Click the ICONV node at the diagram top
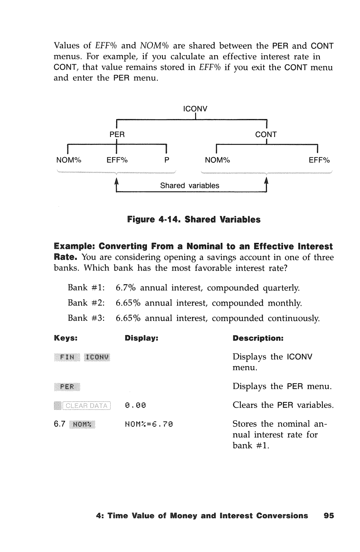195,109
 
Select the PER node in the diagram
117,135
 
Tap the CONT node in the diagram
266,135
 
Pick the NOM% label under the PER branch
69,160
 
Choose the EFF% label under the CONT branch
319,160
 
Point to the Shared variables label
190,186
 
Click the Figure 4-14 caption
194,220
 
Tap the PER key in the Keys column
67,386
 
